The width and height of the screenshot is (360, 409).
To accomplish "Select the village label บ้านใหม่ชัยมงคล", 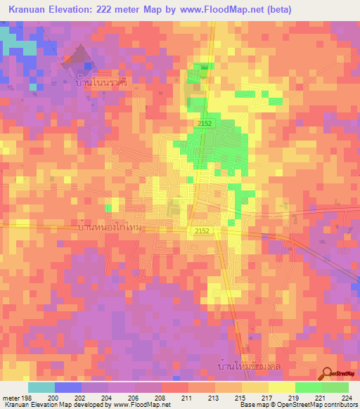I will (245, 366).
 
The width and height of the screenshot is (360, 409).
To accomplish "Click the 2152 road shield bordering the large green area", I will (204, 123).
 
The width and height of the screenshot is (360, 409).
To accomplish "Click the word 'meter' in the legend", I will (10, 397).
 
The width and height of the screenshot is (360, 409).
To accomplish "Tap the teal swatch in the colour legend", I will (41, 387).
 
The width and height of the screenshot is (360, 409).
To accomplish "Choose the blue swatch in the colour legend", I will (68, 387).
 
